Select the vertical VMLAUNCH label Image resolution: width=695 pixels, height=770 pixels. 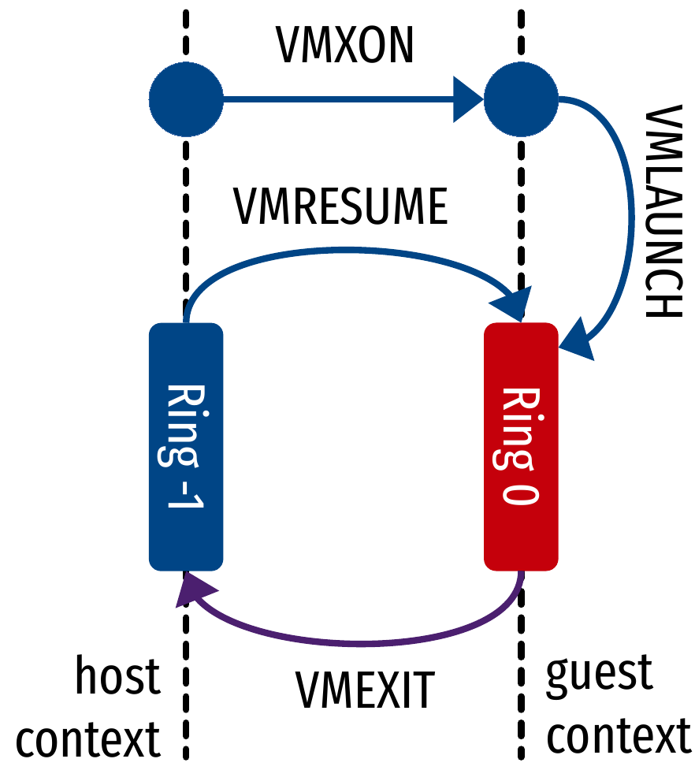pyautogui.click(x=661, y=213)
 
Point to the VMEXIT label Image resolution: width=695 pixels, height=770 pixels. pyautogui.click(x=365, y=691)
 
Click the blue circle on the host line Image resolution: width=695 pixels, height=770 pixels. pyautogui.click(x=186, y=100)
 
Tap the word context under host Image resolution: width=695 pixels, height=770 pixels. pyautogui.click(x=88, y=739)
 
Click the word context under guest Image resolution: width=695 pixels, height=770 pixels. pyautogui.click(x=619, y=736)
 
